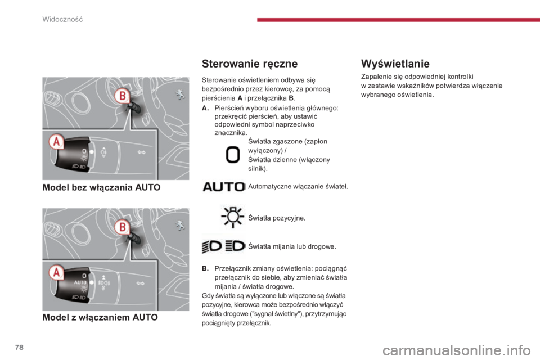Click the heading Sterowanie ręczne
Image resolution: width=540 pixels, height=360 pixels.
pos(250,64)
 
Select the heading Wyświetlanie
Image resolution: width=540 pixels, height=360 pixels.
pos(395,64)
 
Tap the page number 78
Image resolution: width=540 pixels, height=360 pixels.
pos(19,347)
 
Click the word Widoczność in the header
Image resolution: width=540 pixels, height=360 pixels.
pos(62,19)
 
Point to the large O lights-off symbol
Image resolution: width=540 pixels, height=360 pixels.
pos(232,154)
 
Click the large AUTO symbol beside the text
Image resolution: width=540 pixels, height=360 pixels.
pos(224,187)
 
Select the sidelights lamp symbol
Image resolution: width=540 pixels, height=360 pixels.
pos(232,217)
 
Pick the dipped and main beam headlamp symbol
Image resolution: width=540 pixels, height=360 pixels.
pos(223,246)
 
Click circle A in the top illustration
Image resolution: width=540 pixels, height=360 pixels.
pos(56,142)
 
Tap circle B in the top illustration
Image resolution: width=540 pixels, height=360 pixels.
pos(122,96)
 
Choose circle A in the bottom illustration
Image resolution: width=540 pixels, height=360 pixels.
pos(56,272)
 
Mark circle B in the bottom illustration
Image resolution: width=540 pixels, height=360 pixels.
pos(122,227)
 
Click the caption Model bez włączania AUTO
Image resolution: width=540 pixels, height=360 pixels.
pos(102,187)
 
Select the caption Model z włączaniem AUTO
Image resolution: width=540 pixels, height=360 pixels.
pos(100,317)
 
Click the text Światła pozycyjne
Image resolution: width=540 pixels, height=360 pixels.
pos(277,218)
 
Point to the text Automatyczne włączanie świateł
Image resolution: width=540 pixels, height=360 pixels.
pos(298,187)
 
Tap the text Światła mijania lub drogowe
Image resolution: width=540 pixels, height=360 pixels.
pos(292,246)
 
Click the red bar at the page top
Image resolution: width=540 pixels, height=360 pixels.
pos(398,20)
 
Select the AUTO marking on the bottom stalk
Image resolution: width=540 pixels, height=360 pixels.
pos(80,282)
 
